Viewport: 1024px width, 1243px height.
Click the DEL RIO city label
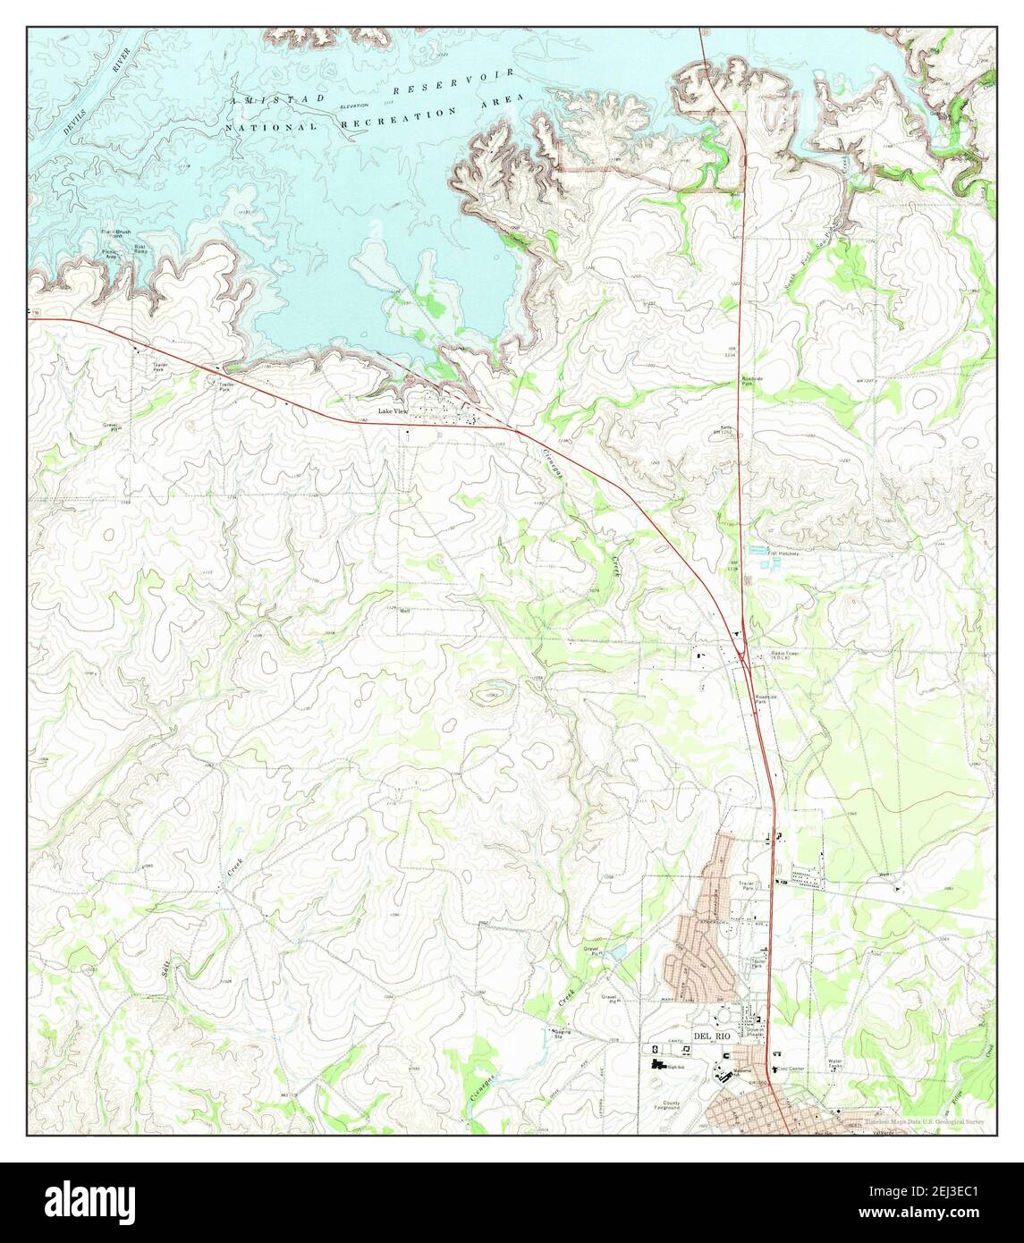click(x=712, y=1036)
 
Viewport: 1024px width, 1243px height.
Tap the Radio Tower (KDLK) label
click(x=787, y=657)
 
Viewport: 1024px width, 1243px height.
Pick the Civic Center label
click(x=792, y=1069)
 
